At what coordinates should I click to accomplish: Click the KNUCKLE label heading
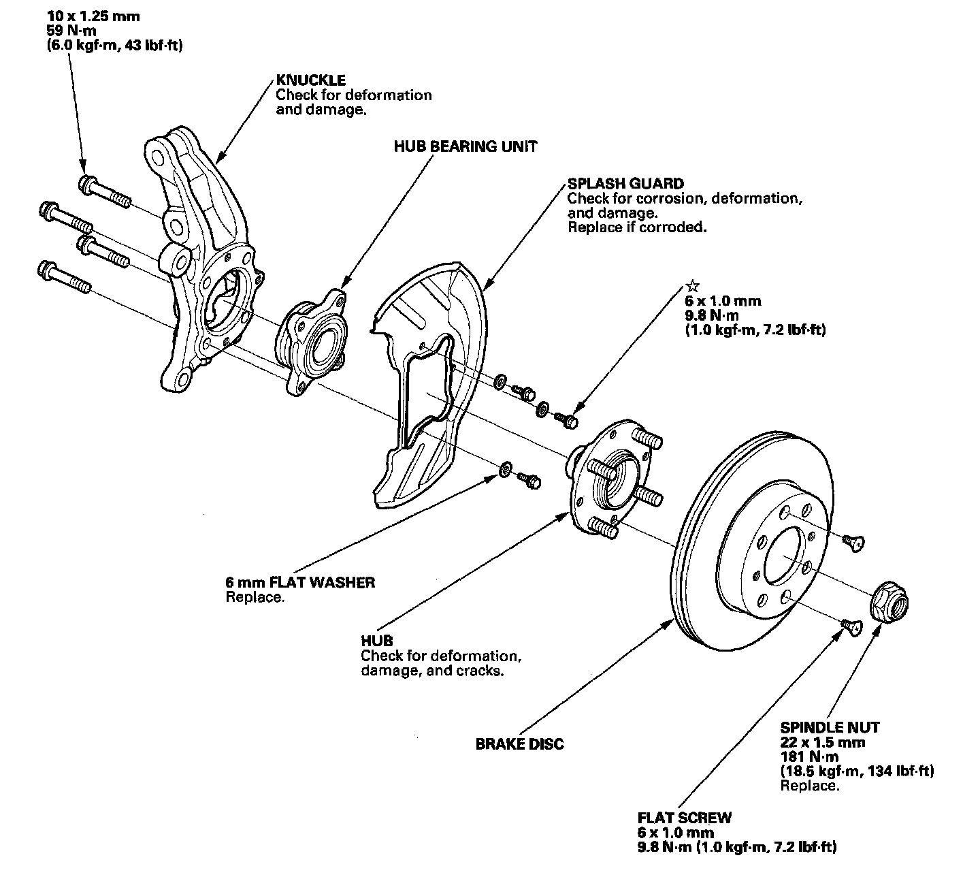pyautogui.click(x=310, y=80)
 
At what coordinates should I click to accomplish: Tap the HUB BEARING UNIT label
pyautogui.click(x=465, y=146)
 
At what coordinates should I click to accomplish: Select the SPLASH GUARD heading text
pyautogui.click(x=625, y=183)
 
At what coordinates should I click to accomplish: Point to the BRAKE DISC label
pyautogui.click(x=519, y=744)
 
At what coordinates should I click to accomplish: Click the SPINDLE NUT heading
pyautogui.click(x=830, y=727)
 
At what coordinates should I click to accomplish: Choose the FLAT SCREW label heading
pyautogui.click(x=685, y=818)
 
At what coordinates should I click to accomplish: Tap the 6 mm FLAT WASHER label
pyautogui.click(x=300, y=582)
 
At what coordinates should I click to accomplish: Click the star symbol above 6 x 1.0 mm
pyautogui.click(x=693, y=285)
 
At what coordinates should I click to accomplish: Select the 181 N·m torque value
pyautogui.click(x=809, y=756)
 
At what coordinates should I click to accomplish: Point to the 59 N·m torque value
pyautogui.click(x=71, y=31)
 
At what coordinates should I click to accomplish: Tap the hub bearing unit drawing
pyautogui.click(x=311, y=342)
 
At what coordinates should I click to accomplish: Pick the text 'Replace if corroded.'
pyautogui.click(x=637, y=227)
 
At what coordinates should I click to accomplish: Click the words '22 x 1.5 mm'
pyautogui.click(x=823, y=742)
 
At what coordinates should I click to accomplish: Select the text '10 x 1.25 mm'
pyautogui.click(x=93, y=16)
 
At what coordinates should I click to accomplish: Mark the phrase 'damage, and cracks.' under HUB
pyautogui.click(x=432, y=671)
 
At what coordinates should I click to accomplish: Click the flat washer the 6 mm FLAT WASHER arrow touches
pyautogui.click(x=505, y=468)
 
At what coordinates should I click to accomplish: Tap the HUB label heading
pyautogui.click(x=377, y=641)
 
